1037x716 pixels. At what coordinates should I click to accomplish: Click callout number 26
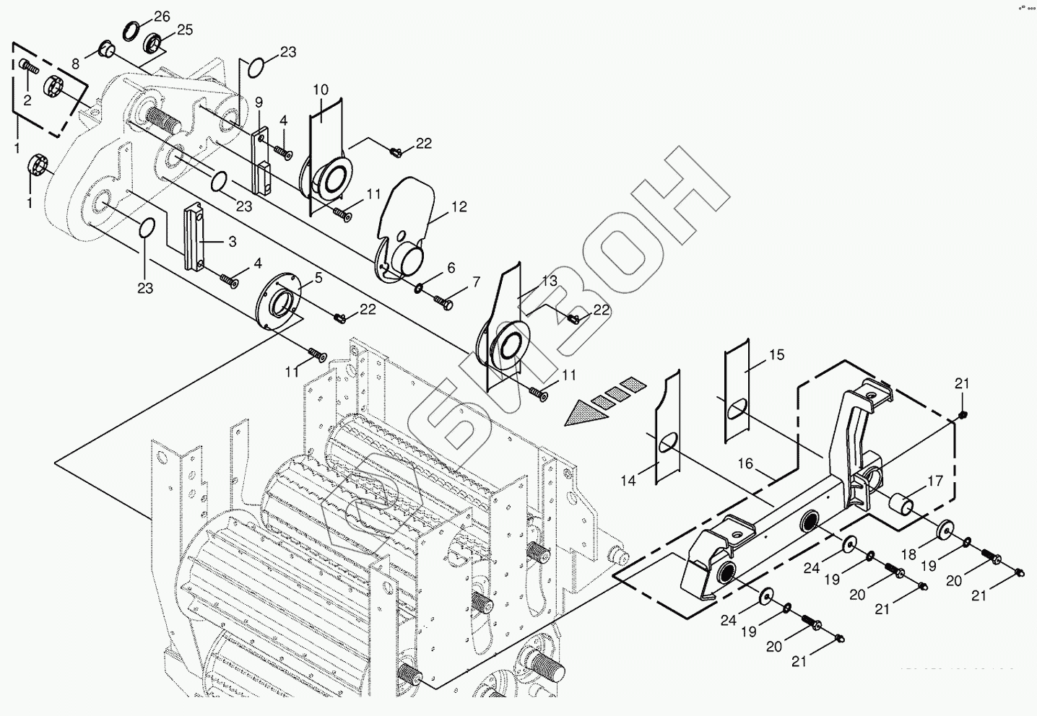coord(162,16)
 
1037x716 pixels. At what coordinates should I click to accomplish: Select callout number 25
coord(185,30)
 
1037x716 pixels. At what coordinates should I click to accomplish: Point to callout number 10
coord(321,89)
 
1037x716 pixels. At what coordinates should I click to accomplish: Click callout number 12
coord(459,207)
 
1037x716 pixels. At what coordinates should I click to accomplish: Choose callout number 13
coord(550,280)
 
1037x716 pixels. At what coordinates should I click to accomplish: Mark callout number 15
coord(776,354)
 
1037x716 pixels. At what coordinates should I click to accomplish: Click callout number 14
coord(628,480)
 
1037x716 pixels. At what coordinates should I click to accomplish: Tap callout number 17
coord(935,480)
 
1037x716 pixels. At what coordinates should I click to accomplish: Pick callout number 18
coord(908,554)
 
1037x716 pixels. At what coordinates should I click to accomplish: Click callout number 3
coord(232,243)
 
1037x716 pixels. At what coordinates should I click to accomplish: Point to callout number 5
coord(318,276)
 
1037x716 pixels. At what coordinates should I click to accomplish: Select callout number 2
coord(27,100)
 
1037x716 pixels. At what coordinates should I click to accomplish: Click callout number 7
coord(476,282)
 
